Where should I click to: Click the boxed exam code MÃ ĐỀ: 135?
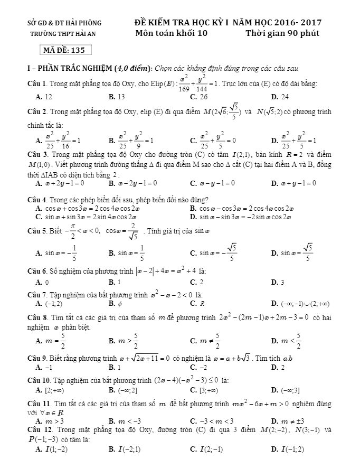click(x=66, y=51)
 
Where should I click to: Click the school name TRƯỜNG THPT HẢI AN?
click(x=63, y=33)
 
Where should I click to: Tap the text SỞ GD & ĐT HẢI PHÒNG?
click(x=64, y=23)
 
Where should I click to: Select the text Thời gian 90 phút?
click(x=282, y=33)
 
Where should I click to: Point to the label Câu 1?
click(x=38, y=84)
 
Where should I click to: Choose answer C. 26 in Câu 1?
click(x=198, y=97)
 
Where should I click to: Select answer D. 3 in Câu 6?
click(x=277, y=282)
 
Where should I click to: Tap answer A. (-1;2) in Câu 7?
click(x=49, y=303)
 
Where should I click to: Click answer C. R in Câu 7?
click(x=197, y=303)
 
